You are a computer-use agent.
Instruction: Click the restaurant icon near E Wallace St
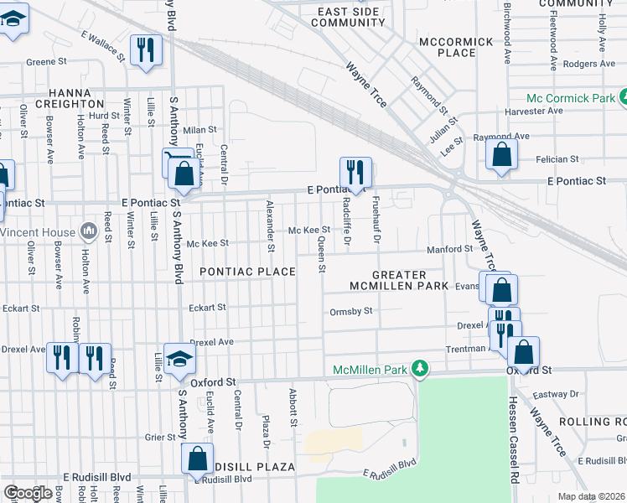(146, 49)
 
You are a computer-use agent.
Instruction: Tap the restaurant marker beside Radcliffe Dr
(355, 172)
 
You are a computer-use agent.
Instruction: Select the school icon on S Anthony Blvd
(179, 359)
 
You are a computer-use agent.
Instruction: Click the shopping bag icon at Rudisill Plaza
(197, 459)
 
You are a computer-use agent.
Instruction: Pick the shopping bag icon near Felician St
(501, 155)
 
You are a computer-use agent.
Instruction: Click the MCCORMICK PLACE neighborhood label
(457, 47)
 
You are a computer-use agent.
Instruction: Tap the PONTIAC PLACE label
(247, 272)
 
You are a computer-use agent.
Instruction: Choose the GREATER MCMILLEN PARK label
(400, 281)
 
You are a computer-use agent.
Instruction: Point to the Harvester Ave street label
(532, 111)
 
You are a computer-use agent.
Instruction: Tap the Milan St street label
(200, 130)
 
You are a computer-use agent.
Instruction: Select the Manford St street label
(450, 249)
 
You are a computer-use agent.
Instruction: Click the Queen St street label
(321, 255)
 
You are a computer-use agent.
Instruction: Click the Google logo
(28, 493)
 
